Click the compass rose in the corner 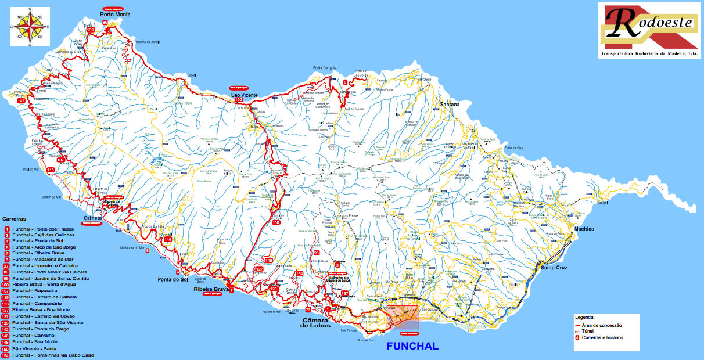tap(30, 26)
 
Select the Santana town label tap(450, 105)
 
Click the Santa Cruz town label tap(555, 268)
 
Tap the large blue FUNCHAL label tap(412, 346)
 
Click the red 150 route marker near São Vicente tap(238, 100)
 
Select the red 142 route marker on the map tap(21, 101)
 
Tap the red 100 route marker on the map tap(276, 222)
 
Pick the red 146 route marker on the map tap(168, 239)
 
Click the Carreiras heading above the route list tap(15, 219)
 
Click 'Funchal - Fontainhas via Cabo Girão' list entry tap(52, 355)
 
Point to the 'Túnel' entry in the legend tap(590, 331)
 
